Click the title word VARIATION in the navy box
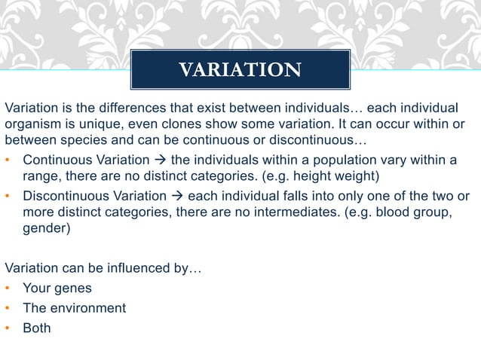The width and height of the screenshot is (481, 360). point(240,70)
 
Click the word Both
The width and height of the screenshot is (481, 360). point(37,328)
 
